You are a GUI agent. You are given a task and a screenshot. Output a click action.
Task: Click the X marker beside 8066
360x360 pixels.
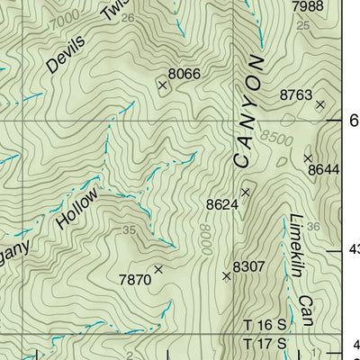163,85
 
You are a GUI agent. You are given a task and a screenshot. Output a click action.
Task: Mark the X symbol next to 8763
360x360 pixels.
319,105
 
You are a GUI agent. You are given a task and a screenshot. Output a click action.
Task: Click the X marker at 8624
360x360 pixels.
244,192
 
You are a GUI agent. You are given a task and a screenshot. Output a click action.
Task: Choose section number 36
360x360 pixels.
312,226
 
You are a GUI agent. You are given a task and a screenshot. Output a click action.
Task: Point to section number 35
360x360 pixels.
130,230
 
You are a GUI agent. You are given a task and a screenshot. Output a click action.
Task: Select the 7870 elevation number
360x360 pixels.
135,280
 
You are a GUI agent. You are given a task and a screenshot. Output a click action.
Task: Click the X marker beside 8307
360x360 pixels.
227,276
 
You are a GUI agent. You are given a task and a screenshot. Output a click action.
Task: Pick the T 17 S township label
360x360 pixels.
265,344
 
